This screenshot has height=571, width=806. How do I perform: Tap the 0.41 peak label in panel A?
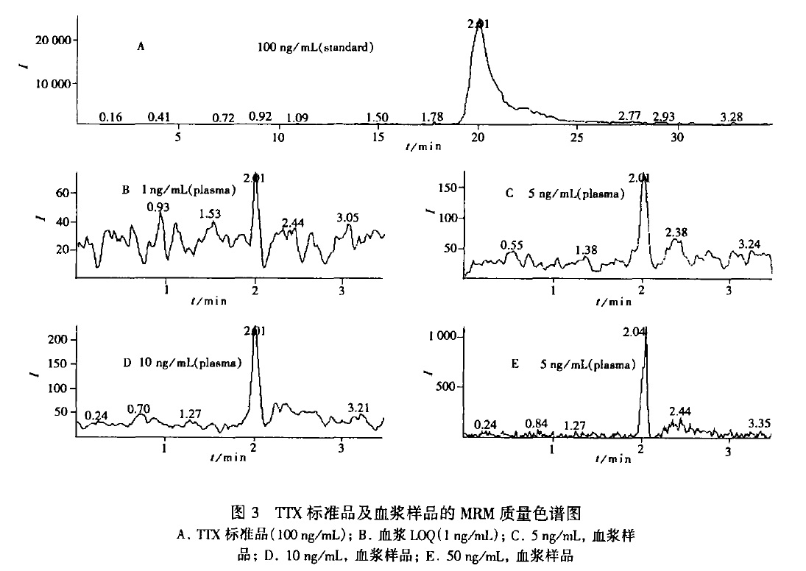coord(159,117)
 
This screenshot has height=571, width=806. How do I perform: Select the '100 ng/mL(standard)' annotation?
coord(316,48)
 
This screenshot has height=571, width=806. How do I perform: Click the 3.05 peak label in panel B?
coord(348,217)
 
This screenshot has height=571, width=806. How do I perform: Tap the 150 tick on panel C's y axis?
coord(443,188)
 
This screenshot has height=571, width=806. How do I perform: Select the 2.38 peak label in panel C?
coord(677,233)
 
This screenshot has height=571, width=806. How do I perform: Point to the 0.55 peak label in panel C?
coord(512,244)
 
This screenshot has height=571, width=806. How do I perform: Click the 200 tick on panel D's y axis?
coord(56,339)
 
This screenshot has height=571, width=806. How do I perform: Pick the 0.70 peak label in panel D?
coord(139,408)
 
